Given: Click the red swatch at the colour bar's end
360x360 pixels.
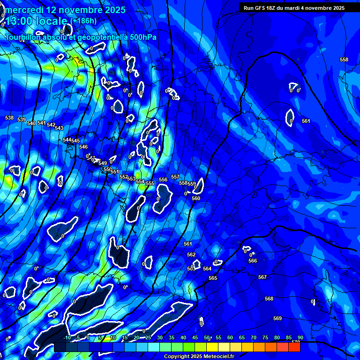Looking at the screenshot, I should tap(294, 347).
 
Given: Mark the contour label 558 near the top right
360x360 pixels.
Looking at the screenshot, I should tap(344, 60).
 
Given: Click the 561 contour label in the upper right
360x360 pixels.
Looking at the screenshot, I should tap(306, 121).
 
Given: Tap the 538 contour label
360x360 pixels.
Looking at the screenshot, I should tap(9, 118).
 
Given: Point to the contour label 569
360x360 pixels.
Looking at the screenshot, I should tap(277, 318).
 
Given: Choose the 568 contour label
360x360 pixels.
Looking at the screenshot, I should tap(269, 299).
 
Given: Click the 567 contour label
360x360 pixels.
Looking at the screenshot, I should tap(262, 277).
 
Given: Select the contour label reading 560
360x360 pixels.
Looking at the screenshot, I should tap(196, 198).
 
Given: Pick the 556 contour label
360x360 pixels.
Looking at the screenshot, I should tap(163, 180).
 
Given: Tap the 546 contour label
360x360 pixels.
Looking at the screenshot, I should tap(83, 147).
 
